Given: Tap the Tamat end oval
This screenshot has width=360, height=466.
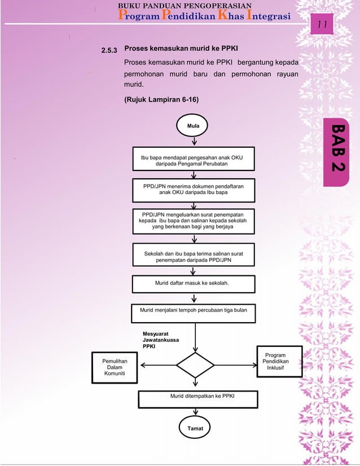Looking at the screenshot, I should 194,428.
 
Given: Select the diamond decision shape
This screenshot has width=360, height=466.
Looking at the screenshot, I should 195,365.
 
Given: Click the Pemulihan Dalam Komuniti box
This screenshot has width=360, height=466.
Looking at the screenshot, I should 115,367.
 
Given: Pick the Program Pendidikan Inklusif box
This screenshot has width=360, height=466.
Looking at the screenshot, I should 276,362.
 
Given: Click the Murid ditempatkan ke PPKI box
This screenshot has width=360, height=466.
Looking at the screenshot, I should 195,398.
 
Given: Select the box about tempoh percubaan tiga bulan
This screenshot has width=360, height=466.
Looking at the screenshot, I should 194,310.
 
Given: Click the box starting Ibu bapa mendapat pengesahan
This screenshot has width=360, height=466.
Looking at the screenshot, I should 192,161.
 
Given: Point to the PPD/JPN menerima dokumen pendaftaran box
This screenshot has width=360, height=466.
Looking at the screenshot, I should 193,189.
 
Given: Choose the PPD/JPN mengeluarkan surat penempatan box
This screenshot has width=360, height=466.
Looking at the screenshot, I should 192,221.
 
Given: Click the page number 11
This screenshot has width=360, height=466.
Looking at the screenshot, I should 324,25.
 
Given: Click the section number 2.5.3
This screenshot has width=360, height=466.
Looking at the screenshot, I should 110,51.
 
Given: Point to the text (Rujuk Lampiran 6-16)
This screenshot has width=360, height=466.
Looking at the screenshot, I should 161,99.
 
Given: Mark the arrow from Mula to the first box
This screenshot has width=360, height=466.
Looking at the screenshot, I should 194,141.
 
